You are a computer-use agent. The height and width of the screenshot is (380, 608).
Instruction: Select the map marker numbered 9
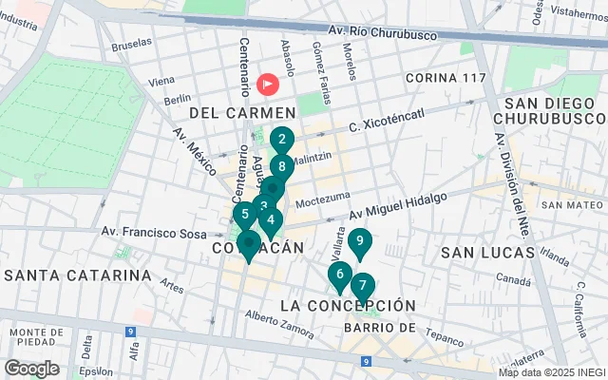359,242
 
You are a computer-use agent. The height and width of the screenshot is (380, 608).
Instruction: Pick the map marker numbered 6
339,275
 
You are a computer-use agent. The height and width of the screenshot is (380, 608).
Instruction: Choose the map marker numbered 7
362,286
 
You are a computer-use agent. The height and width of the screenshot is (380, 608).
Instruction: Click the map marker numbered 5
245,215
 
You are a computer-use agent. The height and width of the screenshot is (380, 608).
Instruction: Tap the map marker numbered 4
271,222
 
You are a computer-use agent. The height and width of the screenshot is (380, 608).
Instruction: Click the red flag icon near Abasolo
268,85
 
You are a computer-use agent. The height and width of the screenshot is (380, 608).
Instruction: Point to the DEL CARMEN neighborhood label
231,113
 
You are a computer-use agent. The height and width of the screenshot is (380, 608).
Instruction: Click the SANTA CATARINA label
78,275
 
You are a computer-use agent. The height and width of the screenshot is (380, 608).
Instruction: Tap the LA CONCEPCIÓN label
349,306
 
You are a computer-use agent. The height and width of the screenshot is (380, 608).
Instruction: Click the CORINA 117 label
445,77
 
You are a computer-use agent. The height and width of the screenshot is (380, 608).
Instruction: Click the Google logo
31,369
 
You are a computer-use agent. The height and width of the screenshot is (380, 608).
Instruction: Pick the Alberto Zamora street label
278,323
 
